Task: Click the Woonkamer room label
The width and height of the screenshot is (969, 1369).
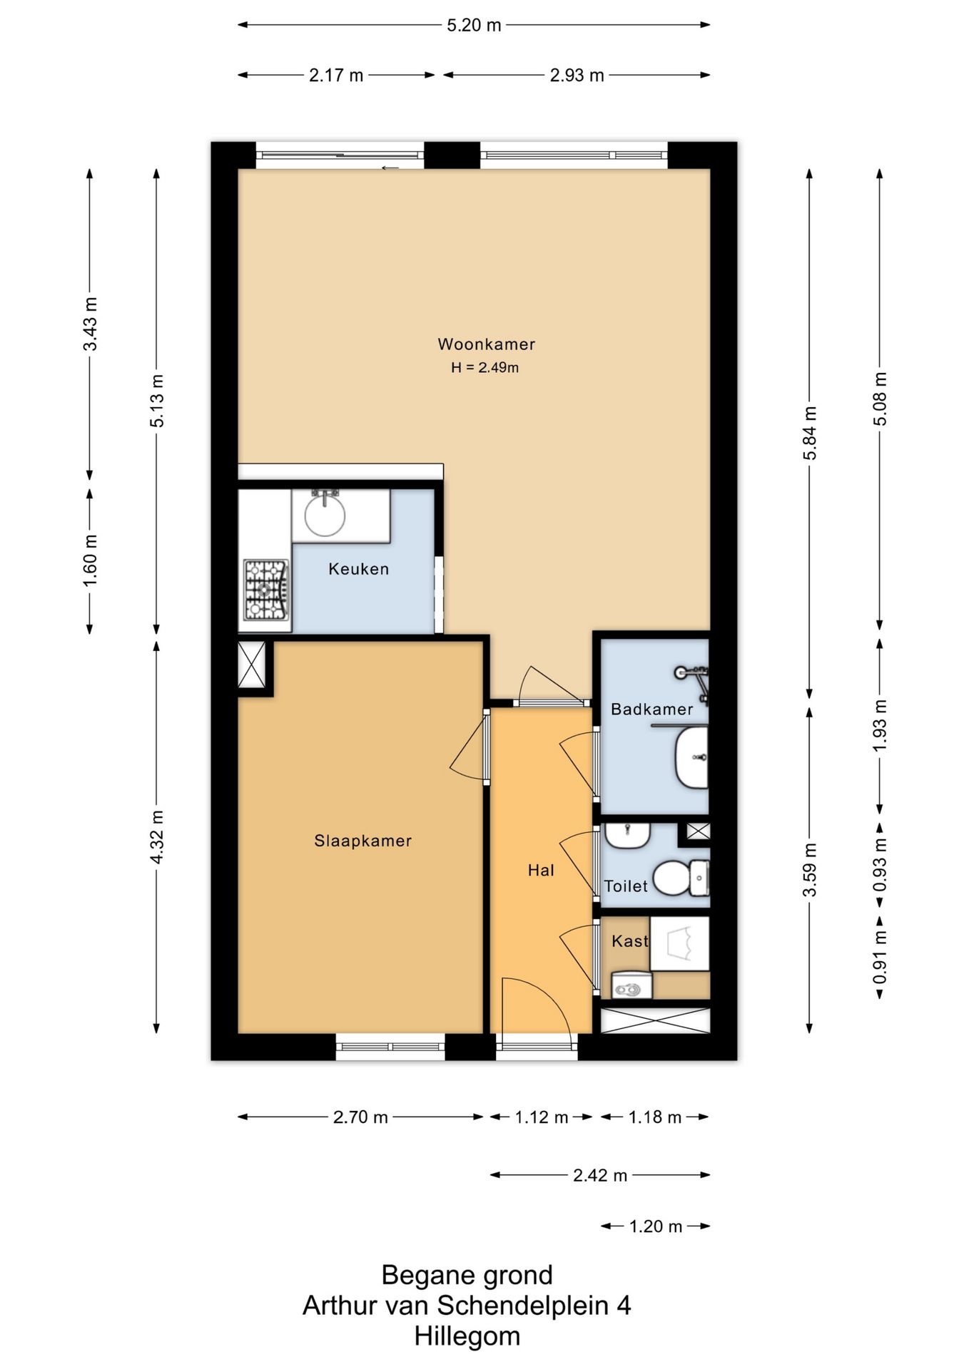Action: click(x=486, y=344)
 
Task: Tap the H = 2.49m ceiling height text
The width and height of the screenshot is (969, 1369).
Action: click(x=484, y=368)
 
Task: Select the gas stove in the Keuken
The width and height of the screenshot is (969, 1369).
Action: click(x=265, y=589)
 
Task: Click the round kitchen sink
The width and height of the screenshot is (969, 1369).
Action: click(x=325, y=515)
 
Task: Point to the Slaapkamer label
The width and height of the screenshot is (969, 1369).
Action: click(x=363, y=841)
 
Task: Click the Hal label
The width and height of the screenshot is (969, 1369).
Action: click(x=541, y=870)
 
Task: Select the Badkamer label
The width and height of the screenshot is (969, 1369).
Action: click(x=652, y=709)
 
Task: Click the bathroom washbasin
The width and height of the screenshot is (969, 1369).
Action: click(x=691, y=757)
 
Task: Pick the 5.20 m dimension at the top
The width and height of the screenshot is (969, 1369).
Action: click(x=474, y=26)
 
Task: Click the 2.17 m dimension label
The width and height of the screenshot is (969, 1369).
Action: click(x=336, y=75)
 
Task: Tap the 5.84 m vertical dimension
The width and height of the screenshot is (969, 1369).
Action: click(x=809, y=433)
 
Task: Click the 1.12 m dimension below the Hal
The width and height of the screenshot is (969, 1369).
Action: click(x=542, y=1117)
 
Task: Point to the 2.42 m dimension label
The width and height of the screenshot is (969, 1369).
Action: click(x=600, y=1175)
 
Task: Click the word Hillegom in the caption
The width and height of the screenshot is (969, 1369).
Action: click(x=467, y=1335)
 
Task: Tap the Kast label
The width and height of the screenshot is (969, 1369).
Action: click(x=630, y=941)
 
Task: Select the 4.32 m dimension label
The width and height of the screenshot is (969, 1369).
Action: click(x=158, y=837)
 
